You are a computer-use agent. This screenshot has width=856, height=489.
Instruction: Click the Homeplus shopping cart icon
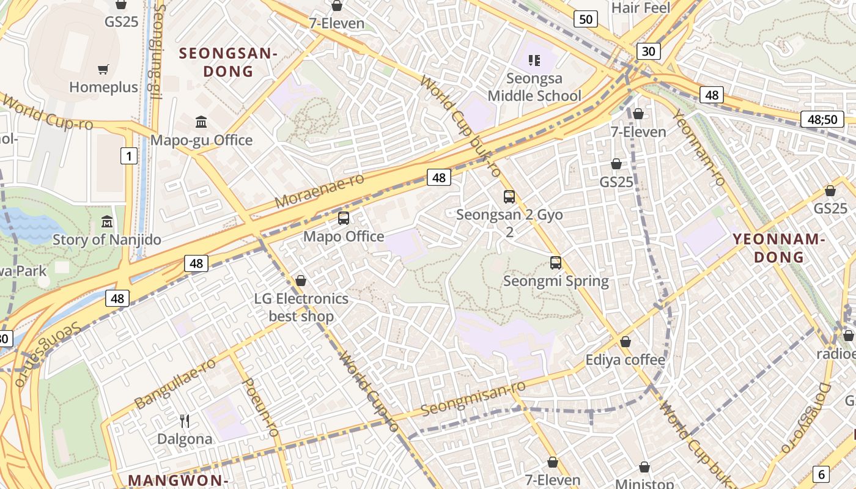pos(103,70)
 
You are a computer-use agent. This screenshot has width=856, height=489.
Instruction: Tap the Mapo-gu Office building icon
pos(201,122)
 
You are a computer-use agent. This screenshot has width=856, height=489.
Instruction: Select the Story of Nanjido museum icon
pos(107,221)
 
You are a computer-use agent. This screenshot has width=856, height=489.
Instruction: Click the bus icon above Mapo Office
pos(344,218)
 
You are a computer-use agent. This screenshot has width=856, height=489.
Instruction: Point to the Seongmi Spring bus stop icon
pos(555,263)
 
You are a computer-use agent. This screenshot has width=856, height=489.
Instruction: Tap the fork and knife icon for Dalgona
pos(185,421)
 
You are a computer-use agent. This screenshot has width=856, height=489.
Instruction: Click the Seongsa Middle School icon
pos(534,61)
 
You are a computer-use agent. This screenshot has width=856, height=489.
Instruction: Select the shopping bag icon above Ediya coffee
pos(625,342)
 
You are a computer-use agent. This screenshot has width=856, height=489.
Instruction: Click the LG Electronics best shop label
pos(301,307)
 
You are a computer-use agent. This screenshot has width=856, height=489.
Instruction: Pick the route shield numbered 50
pos(585,19)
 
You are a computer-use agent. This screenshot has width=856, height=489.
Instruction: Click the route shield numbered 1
pos(128,156)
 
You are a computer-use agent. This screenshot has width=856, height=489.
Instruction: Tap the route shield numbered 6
pos(821,474)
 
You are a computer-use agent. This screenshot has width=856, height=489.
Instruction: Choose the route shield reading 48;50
pos(822,119)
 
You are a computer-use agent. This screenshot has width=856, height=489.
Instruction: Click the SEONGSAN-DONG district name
pos(228,62)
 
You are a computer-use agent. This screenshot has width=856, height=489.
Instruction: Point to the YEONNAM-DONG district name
pos(778,248)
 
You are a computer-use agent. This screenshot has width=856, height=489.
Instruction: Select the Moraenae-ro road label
pos(319,190)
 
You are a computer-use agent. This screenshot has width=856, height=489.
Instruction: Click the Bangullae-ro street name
pos(175,383)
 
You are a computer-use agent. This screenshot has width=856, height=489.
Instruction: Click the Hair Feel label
pos(641,8)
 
